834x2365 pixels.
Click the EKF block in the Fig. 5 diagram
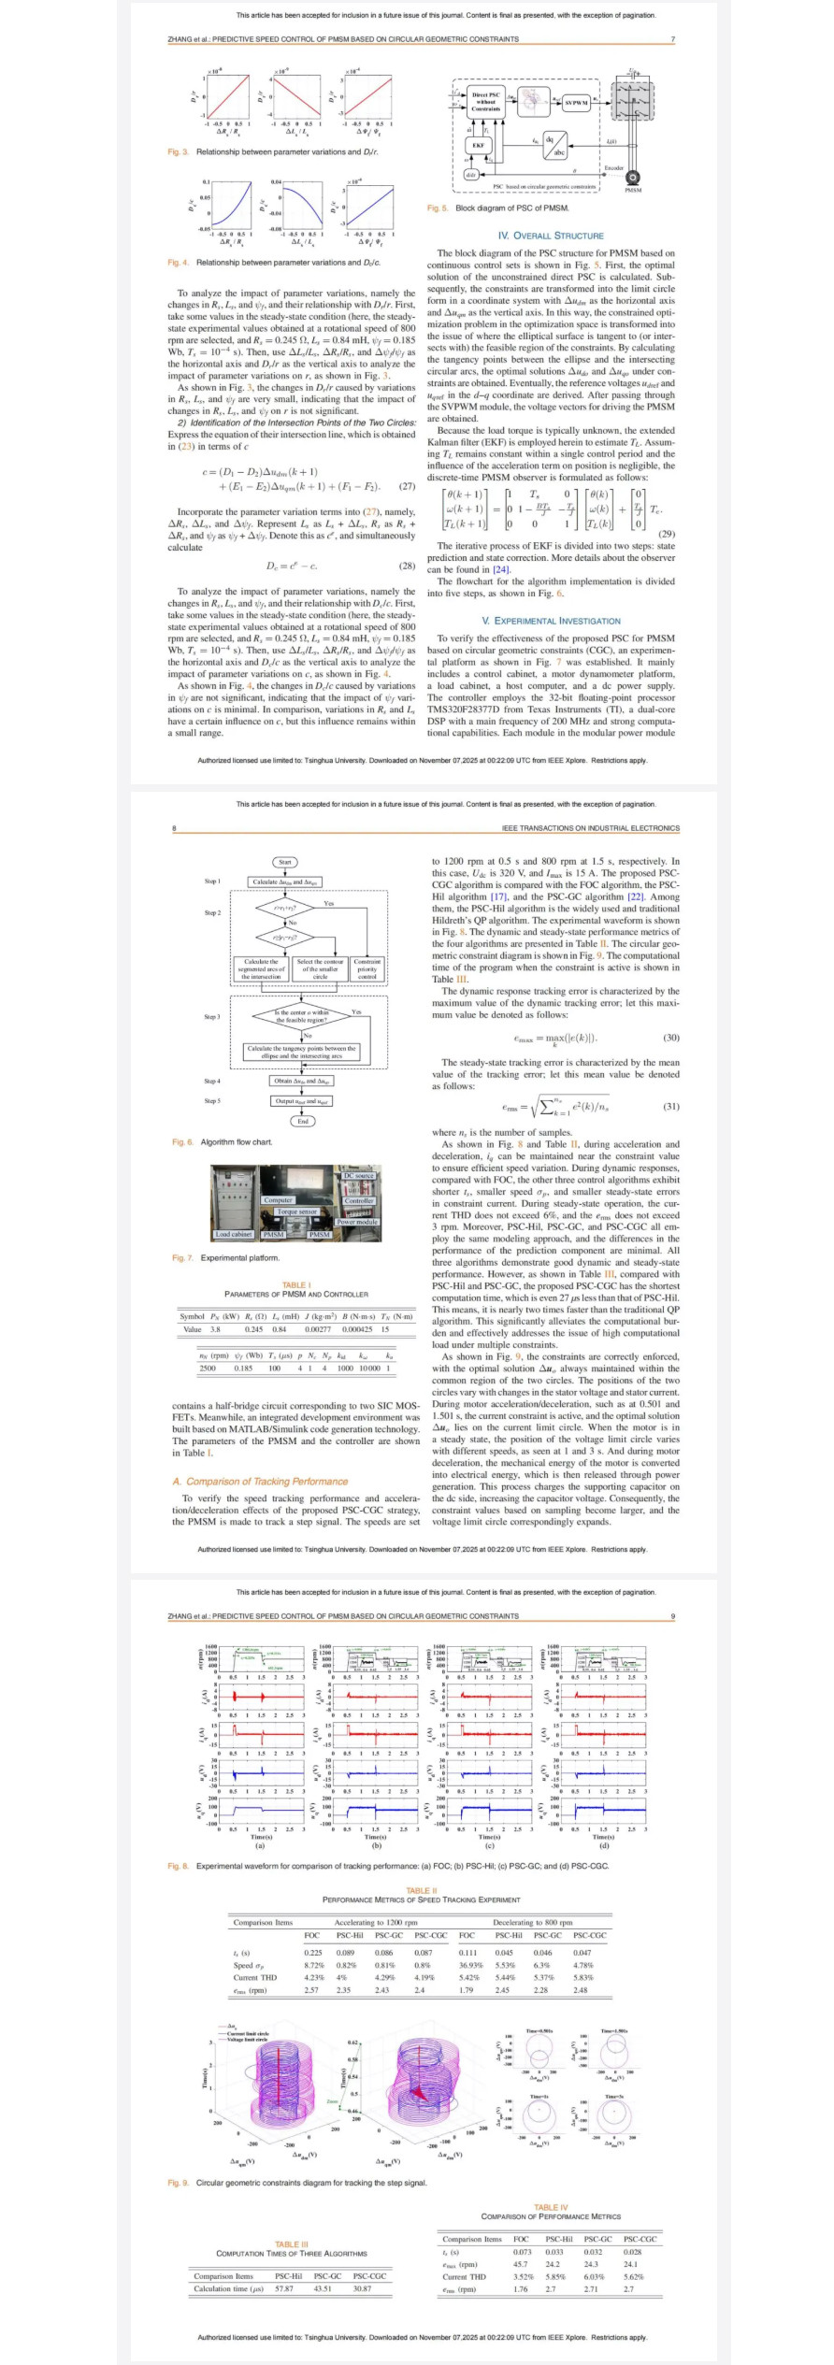point(478,145)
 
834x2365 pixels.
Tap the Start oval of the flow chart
point(285,862)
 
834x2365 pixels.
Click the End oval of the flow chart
point(302,1121)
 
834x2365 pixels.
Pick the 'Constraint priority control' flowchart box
point(367,968)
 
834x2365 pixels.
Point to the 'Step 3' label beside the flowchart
point(212,1016)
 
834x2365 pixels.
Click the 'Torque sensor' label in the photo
point(297,1211)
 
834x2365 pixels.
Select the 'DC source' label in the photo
point(359,1176)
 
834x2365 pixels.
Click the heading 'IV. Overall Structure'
point(551,236)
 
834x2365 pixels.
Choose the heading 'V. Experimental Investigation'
point(551,621)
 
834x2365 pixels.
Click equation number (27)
point(407,486)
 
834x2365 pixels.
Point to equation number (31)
point(670,1106)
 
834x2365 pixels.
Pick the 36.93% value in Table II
point(469,1965)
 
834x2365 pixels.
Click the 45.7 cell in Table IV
point(521,2264)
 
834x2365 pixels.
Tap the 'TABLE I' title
point(296,1284)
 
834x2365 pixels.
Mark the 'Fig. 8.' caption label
point(179,1866)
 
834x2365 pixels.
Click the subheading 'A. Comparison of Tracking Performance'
point(260,1482)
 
